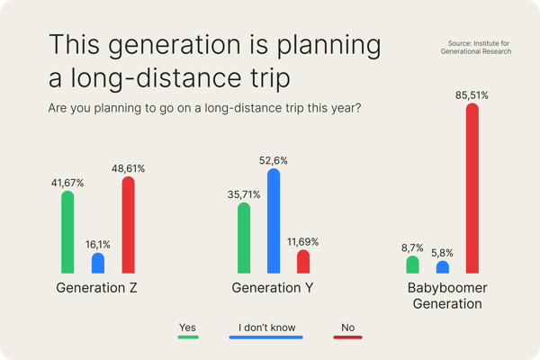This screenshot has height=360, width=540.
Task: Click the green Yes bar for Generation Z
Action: (x=67, y=232)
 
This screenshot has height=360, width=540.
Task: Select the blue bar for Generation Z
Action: (x=98, y=263)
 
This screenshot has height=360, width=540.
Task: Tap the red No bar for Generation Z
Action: (x=128, y=225)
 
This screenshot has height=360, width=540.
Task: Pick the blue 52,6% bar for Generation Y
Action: (x=274, y=220)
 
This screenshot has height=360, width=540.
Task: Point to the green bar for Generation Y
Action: (x=244, y=238)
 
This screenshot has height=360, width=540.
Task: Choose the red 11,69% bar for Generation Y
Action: (x=303, y=262)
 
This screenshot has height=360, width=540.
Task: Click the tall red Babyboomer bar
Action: (x=472, y=188)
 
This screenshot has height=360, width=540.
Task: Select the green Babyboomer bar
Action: (x=412, y=265)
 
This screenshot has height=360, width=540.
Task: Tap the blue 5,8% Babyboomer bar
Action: (x=443, y=267)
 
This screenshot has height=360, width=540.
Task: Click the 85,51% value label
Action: (x=472, y=95)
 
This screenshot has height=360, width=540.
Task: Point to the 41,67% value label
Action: (x=67, y=183)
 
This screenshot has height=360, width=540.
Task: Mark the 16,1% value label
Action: (x=98, y=245)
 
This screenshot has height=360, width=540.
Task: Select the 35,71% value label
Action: (x=244, y=194)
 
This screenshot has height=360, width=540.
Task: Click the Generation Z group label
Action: (x=96, y=288)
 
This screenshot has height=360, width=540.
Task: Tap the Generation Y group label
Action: (x=273, y=288)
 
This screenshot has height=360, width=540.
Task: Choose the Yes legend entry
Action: (x=188, y=330)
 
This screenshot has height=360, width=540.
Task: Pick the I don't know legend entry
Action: (x=266, y=330)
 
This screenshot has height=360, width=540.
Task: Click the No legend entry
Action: (x=347, y=330)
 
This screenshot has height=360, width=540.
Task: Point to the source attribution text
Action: (x=476, y=47)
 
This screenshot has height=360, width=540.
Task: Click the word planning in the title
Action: (x=328, y=45)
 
